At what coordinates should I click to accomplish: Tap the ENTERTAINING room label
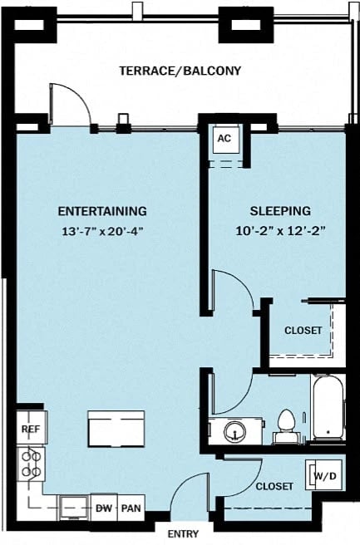point(102,211)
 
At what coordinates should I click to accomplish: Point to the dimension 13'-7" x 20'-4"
point(102,232)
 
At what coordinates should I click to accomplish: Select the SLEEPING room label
point(280,211)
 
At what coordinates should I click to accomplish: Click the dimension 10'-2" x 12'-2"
point(280,232)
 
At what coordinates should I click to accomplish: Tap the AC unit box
point(224,139)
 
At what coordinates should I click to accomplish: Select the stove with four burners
point(31,464)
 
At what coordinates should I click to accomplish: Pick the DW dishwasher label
point(104,508)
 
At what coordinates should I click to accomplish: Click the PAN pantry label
point(131,508)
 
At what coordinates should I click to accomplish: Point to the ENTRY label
point(182,534)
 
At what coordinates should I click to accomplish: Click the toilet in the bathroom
point(287,422)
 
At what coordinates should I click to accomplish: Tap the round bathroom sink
point(234,430)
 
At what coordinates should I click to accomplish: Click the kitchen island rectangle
point(115,429)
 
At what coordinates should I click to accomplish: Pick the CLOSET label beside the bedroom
point(303,330)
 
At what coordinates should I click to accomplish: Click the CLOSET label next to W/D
point(274,486)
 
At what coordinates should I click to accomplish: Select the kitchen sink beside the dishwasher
point(74,506)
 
